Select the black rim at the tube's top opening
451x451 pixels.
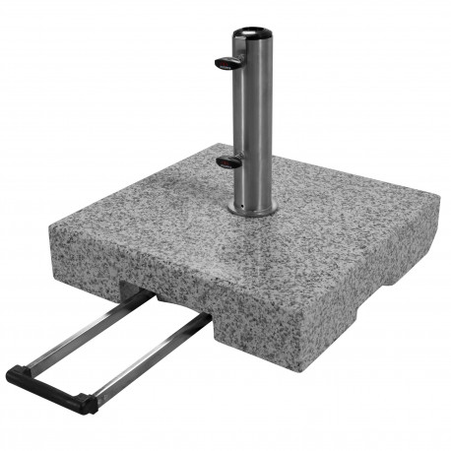[x=252, y=35]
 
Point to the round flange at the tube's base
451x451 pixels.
[x=252, y=209]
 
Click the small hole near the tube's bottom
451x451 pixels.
[x=243, y=196]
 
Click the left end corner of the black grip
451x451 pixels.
[x=12, y=375]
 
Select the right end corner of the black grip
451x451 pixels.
[x=90, y=404]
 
